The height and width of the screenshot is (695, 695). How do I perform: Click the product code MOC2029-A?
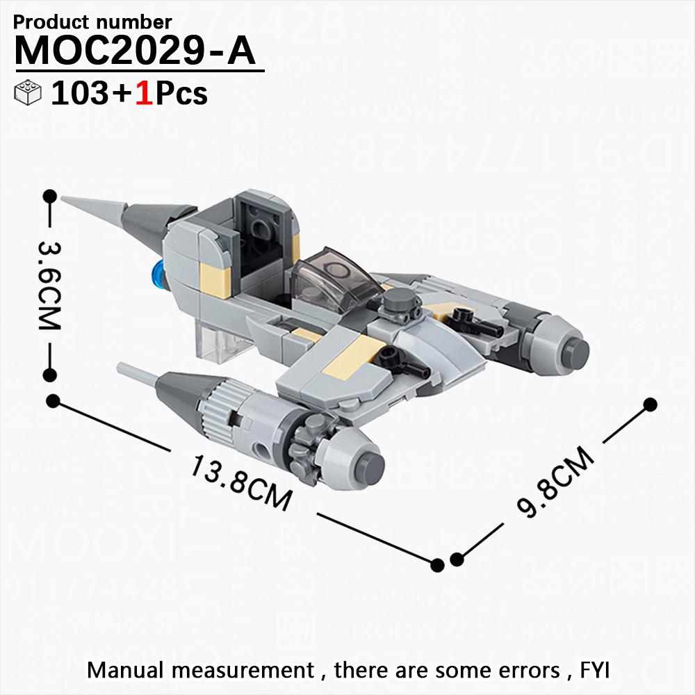click(136, 51)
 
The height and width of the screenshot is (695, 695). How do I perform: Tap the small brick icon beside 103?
click(28, 92)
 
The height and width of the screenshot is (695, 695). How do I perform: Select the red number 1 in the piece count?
click(145, 94)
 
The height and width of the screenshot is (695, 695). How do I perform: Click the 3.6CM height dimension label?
click(49, 286)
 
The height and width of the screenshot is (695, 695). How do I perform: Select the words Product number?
click(92, 22)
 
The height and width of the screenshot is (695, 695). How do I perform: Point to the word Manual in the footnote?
click(125, 670)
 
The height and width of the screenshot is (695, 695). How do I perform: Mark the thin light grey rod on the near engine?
click(138, 374)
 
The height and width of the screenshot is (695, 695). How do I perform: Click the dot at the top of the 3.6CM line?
click(49, 196)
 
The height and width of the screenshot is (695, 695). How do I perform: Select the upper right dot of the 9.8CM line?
click(650, 404)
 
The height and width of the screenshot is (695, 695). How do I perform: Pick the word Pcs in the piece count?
click(181, 94)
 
